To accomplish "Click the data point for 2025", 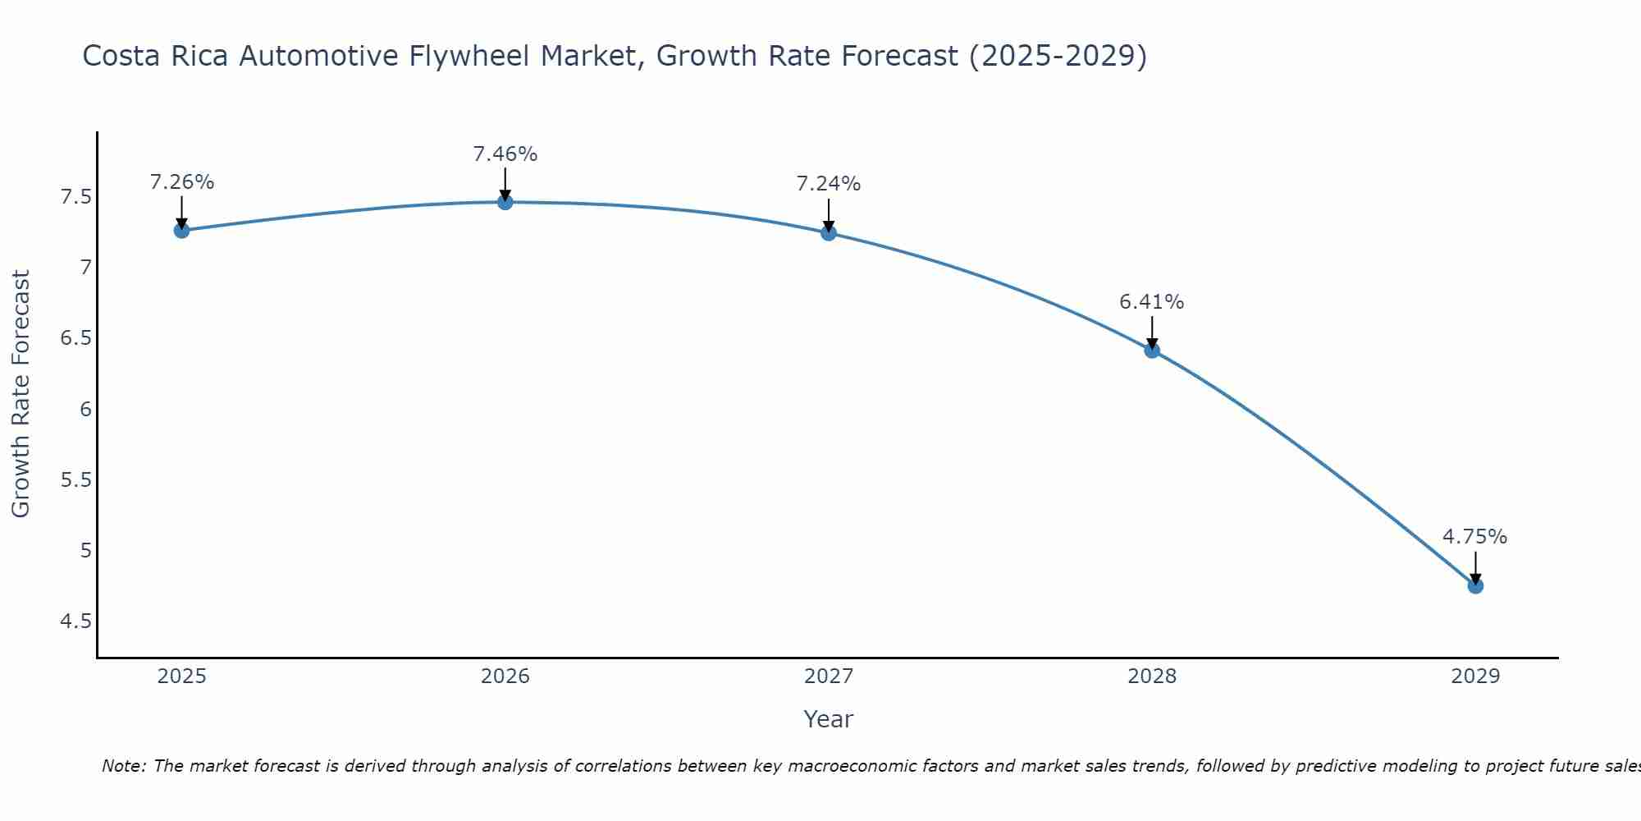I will point(181,230).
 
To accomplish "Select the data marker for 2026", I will point(505,202).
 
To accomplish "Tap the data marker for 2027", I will point(828,233).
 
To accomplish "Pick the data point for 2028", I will point(1151,351).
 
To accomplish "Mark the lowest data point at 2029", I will point(1474,585).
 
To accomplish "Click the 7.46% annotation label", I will point(505,154).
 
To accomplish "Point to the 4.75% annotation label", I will point(1474,537).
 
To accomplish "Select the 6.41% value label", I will point(1151,302).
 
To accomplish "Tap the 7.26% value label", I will point(181,182).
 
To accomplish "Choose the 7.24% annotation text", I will point(828,184).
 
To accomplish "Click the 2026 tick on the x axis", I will point(505,677).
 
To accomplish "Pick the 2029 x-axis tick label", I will point(1474,677).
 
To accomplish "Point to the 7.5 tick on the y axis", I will point(75,197).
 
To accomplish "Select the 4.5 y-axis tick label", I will point(75,621).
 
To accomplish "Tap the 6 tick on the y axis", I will point(85,409).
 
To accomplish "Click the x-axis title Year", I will point(828,719).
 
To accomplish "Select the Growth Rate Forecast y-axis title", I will point(21,394).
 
